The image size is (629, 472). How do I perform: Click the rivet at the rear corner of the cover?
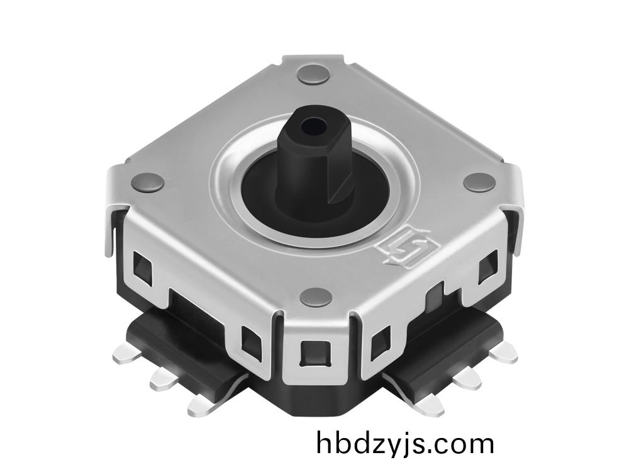[x=313, y=74]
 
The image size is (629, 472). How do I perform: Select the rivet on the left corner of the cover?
[x=148, y=183]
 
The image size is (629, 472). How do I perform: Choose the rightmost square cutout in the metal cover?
[x=487, y=269]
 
